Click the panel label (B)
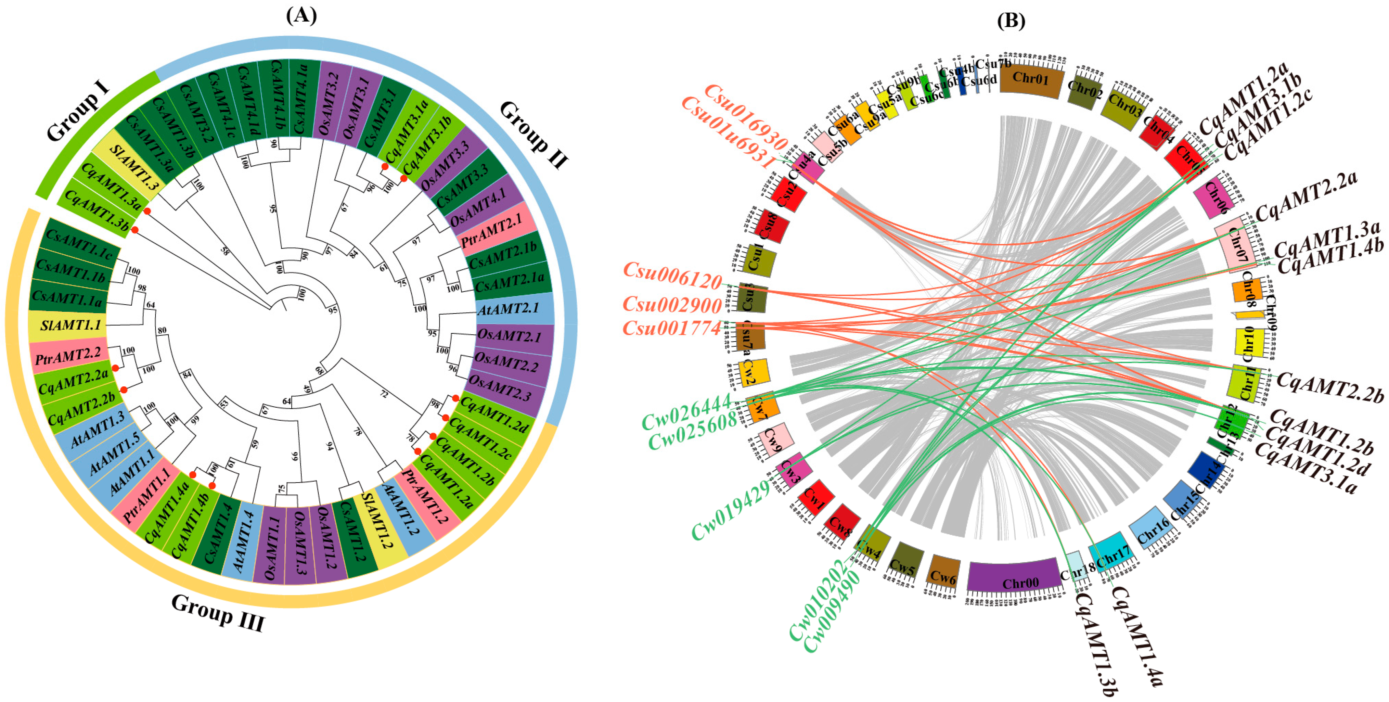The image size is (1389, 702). click(1011, 21)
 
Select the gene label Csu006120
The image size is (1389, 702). click(672, 276)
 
